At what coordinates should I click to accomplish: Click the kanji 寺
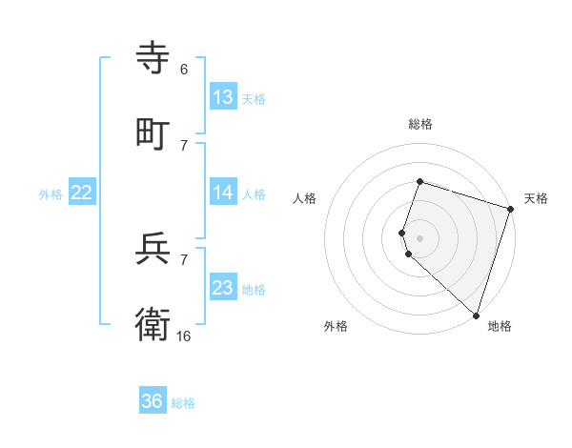(153, 59)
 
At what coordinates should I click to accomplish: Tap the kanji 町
(153, 133)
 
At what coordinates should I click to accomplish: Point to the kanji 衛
(153, 324)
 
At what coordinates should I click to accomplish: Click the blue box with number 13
(223, 97)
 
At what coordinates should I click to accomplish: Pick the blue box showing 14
(223, 193)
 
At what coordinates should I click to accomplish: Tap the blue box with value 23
(223, 288)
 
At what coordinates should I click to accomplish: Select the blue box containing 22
(82, 193)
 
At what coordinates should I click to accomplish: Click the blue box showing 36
(153, 401)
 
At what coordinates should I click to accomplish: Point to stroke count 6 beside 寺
(184, 70)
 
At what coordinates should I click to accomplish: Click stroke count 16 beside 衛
(184, 336)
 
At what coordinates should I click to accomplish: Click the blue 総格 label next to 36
(183, 403)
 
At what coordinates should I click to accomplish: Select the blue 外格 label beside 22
(51, 194)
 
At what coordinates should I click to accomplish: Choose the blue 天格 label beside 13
(254, 99)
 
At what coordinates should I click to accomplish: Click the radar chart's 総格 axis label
(419, 124)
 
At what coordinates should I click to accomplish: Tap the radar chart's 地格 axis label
(500, 326)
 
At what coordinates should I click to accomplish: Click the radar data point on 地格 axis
(476, 315)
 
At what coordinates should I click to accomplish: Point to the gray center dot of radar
(419, 237)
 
